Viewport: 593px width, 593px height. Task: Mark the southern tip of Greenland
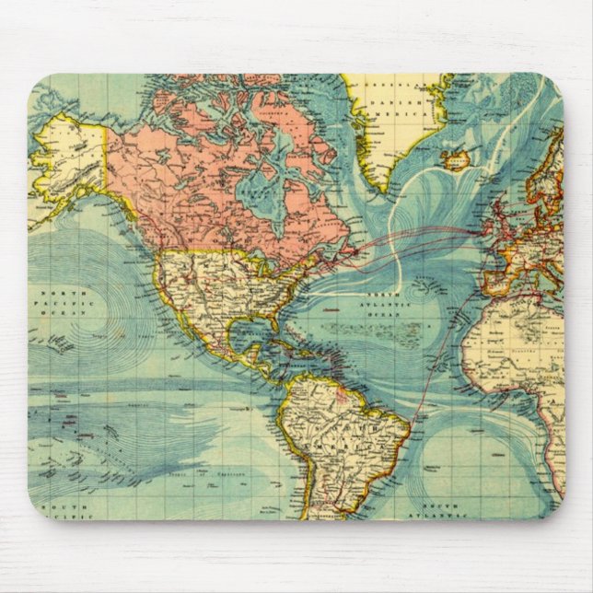click(383, 189)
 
